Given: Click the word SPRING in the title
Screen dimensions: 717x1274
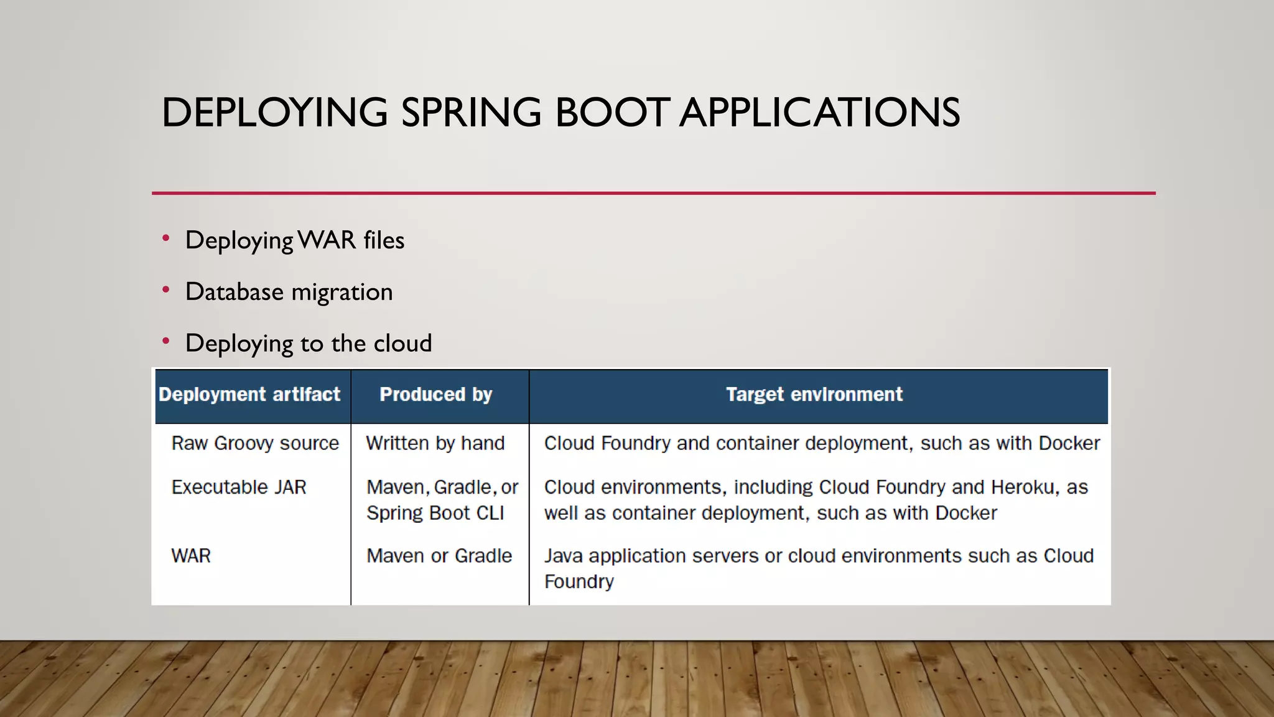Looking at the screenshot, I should click(x=471, y=113).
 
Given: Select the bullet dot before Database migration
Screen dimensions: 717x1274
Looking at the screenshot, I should click(x=165, y=290).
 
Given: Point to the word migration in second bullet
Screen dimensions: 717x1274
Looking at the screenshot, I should click(x=342, y=293).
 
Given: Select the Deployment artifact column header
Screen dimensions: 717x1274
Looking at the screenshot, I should click(x=249, y=395).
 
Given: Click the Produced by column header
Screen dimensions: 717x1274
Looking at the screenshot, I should click(x=435, y=395).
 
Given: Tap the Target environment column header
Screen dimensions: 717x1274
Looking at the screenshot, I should click(x=814, y=395).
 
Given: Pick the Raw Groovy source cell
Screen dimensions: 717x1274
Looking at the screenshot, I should click(x=255, y=443).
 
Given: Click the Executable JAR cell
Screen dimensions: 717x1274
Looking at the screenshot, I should click(x=239, y=487).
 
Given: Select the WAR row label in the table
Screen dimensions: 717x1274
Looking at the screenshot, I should click(x=191, y=556).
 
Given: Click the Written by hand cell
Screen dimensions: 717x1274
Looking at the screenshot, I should click(x=435, y=443).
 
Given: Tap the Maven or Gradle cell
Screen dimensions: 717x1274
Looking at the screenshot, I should click(x=439, y=556).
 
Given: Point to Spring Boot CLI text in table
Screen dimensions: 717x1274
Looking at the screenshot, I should click(x=435, y=513).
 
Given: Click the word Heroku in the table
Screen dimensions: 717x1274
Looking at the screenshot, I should click(x=1024, y=487).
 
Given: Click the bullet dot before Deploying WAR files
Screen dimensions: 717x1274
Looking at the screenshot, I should click(x=165, y=238).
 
